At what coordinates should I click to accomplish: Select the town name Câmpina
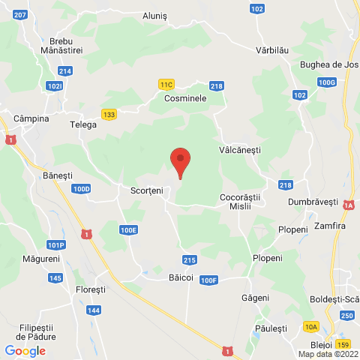tap(31, 118)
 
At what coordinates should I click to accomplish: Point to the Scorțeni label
tap(146, 190)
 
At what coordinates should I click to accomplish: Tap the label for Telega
tap(83, 124)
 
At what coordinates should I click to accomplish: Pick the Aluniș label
tap(157, 15)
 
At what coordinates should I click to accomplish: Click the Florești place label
tap(91, 289)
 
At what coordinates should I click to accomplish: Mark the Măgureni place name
tap(40, 259)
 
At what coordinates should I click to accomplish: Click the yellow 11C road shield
tap(166, 85)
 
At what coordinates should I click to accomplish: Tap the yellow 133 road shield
tap(109, 114)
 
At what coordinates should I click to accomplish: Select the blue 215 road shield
tap(190, 259)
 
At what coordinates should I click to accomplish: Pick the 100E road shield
tap(128, 230)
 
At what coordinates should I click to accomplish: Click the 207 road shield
tap(20, 15)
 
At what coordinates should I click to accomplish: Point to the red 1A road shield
tap(349, 205)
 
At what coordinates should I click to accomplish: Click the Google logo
tap(25, 350)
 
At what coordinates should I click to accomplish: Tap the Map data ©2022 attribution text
tap(328, 354)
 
